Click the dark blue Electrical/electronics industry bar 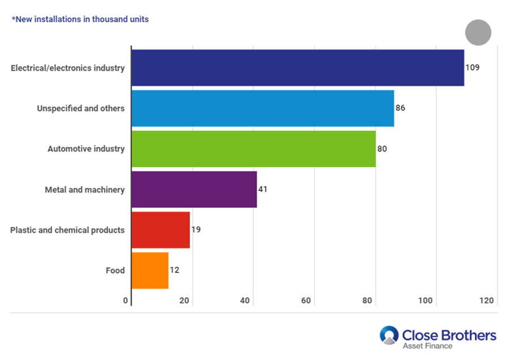pos(297,68)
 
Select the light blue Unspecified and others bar pos(262,108)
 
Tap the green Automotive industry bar pos(253,149)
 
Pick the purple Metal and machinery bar pos(194,189)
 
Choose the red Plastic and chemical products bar pos(161,230)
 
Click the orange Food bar pos(150,271)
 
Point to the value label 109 pos(472,67)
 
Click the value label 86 pos(400,107)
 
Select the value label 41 pos(262,189)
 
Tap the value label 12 pos(174,270)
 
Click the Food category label pos(115,271)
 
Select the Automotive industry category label pos(86,149)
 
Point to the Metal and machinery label pos(85,189)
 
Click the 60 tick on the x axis pos(306,300)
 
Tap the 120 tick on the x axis pos(487,300)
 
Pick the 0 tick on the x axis pos(125,300)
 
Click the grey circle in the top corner pos(478,32)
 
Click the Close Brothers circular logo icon pos(389,335)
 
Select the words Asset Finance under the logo pos(427,345)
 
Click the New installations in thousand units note pos(80,19)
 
